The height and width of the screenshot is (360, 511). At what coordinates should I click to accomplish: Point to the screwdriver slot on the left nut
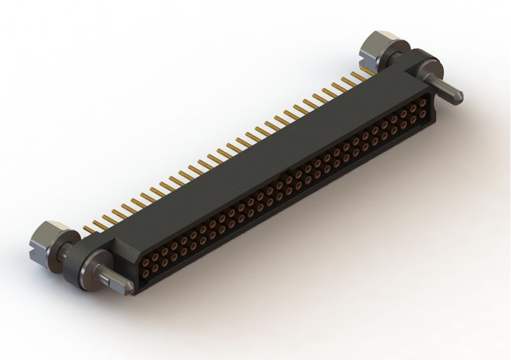click(x=35, y=244)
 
